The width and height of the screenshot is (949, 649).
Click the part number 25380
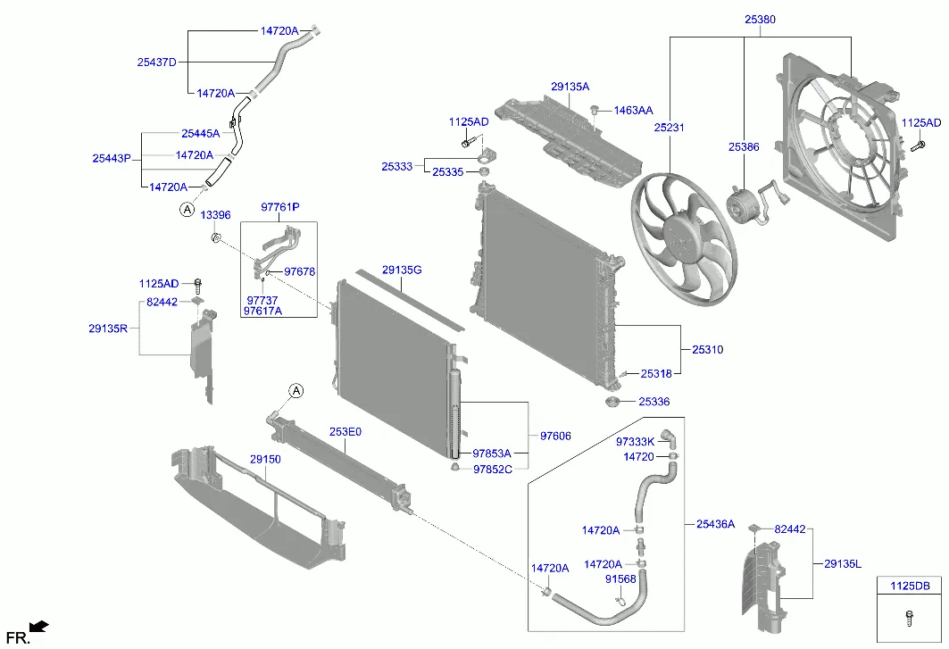pyautogui.click(x=761, y=18)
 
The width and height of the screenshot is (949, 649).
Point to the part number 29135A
pyautogui.click(x=570, y=87)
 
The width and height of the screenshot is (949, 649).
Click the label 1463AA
pyautogui.click(x=632, y=111)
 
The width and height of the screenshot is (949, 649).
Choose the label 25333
pyautogui.click(x=396, y=166)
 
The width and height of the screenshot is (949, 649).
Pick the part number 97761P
pyautogui.click(x=279, y=207)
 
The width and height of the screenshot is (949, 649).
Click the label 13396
pyautogui.click(x=215, y=215)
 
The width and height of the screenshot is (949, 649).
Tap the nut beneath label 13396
pyautogui.click(x=215, y=237)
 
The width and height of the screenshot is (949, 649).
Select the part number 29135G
pyautogui.click(x=402, y=270)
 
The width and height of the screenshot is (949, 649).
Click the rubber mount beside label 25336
pyautogui.click(x=613, y=406)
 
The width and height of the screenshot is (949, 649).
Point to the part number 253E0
pyautogui.click(x=345, y=432)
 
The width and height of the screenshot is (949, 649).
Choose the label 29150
pyautogui.click(x=265, y=459)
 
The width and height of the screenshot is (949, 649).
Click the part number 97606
pyautogui.click(x=555, y=436)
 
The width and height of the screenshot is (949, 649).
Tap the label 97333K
pyautogui.click(x=635, y=441)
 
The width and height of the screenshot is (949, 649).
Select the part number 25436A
pyautogui.click(x=715, y=524)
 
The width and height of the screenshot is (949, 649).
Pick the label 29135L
pyautogui.click(x=842, y=563)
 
